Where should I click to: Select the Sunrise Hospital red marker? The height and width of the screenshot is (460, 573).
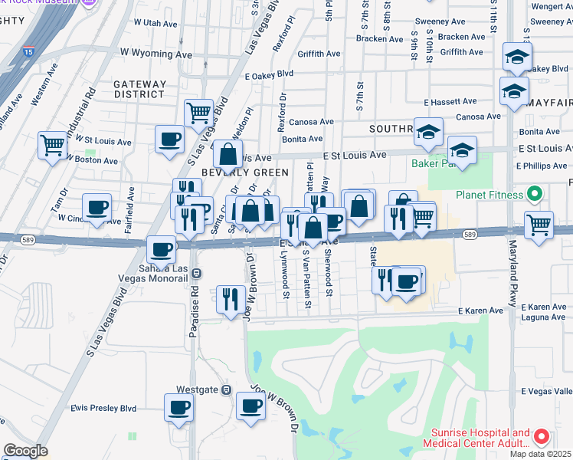coord(541,438)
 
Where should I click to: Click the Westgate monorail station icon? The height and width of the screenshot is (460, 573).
coord(226,389)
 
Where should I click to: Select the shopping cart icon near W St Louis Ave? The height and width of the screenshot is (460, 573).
coord(53,143)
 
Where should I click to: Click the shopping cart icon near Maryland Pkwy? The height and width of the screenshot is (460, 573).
coord(539,224)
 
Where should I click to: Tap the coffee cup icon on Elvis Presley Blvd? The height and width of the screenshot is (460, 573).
coord(179,407)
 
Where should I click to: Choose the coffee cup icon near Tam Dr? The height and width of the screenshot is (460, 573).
coord(97,207)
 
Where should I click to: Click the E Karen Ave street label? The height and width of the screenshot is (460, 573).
coord(480,310)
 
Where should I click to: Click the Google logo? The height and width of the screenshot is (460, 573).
coord(25,451)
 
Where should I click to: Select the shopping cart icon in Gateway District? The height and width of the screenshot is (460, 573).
coord(198,113)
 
